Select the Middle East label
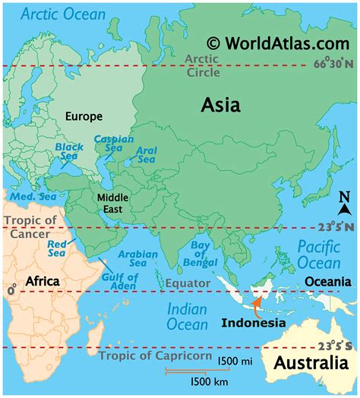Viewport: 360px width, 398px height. [x=113, y=203]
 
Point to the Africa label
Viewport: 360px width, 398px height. [x=43, y=281]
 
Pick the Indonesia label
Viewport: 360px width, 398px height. [x=254, y=322]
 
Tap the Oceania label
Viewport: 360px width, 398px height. [x=327, y=282]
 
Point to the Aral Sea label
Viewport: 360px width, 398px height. [x=146, y=155]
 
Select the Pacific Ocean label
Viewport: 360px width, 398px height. [x=318, y=254]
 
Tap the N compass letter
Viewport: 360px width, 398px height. [x=343, y=198]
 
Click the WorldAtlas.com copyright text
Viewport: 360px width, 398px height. [x=271, y=43]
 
